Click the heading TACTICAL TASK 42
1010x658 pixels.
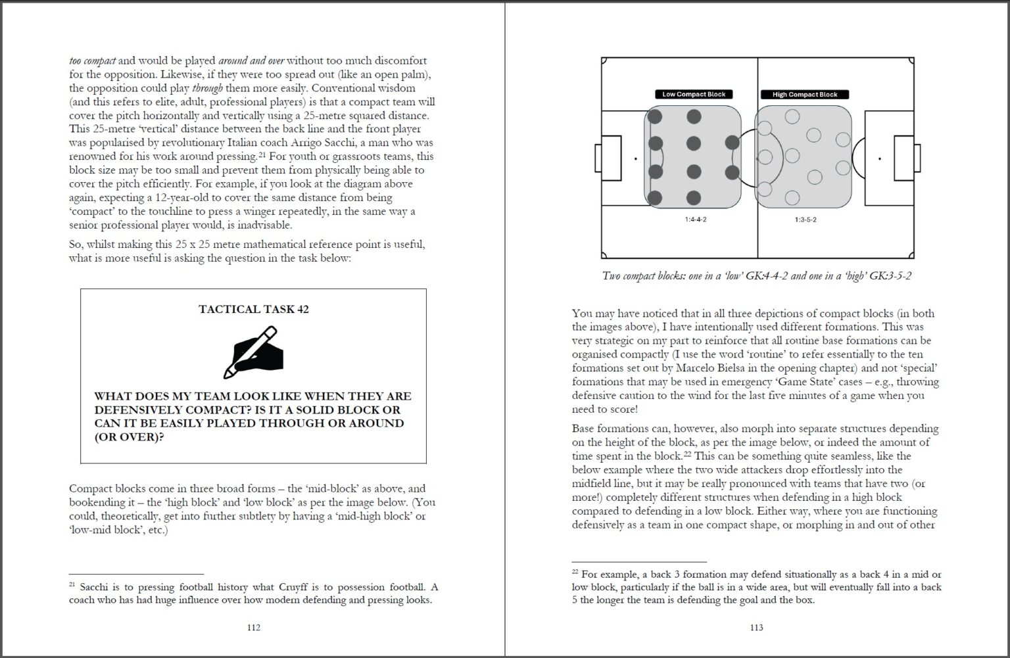pyautogui.click(x=254, y=309)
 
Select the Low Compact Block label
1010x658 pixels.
pyautogui.click(x=694, y=95)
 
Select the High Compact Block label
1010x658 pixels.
pyautogui.click(x=805, y=95)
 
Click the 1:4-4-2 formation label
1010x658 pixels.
pyautogui.click(x=695, y=220)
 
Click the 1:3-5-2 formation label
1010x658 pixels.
pyautogui.click(x=805, y=220)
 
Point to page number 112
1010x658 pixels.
pyautogui.click(x=254, y=628)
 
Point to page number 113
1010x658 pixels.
pyautogui.click(x=757, y=628)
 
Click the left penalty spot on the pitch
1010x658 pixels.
pyautogui.click(x=635, y=159)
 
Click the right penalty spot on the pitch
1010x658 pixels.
pyautogui.click(x=880, y=159)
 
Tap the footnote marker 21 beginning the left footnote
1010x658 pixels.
pyautogui.click(x=72, y=584)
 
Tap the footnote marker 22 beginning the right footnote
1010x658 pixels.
pyautogui.click(x=575, y=572)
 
